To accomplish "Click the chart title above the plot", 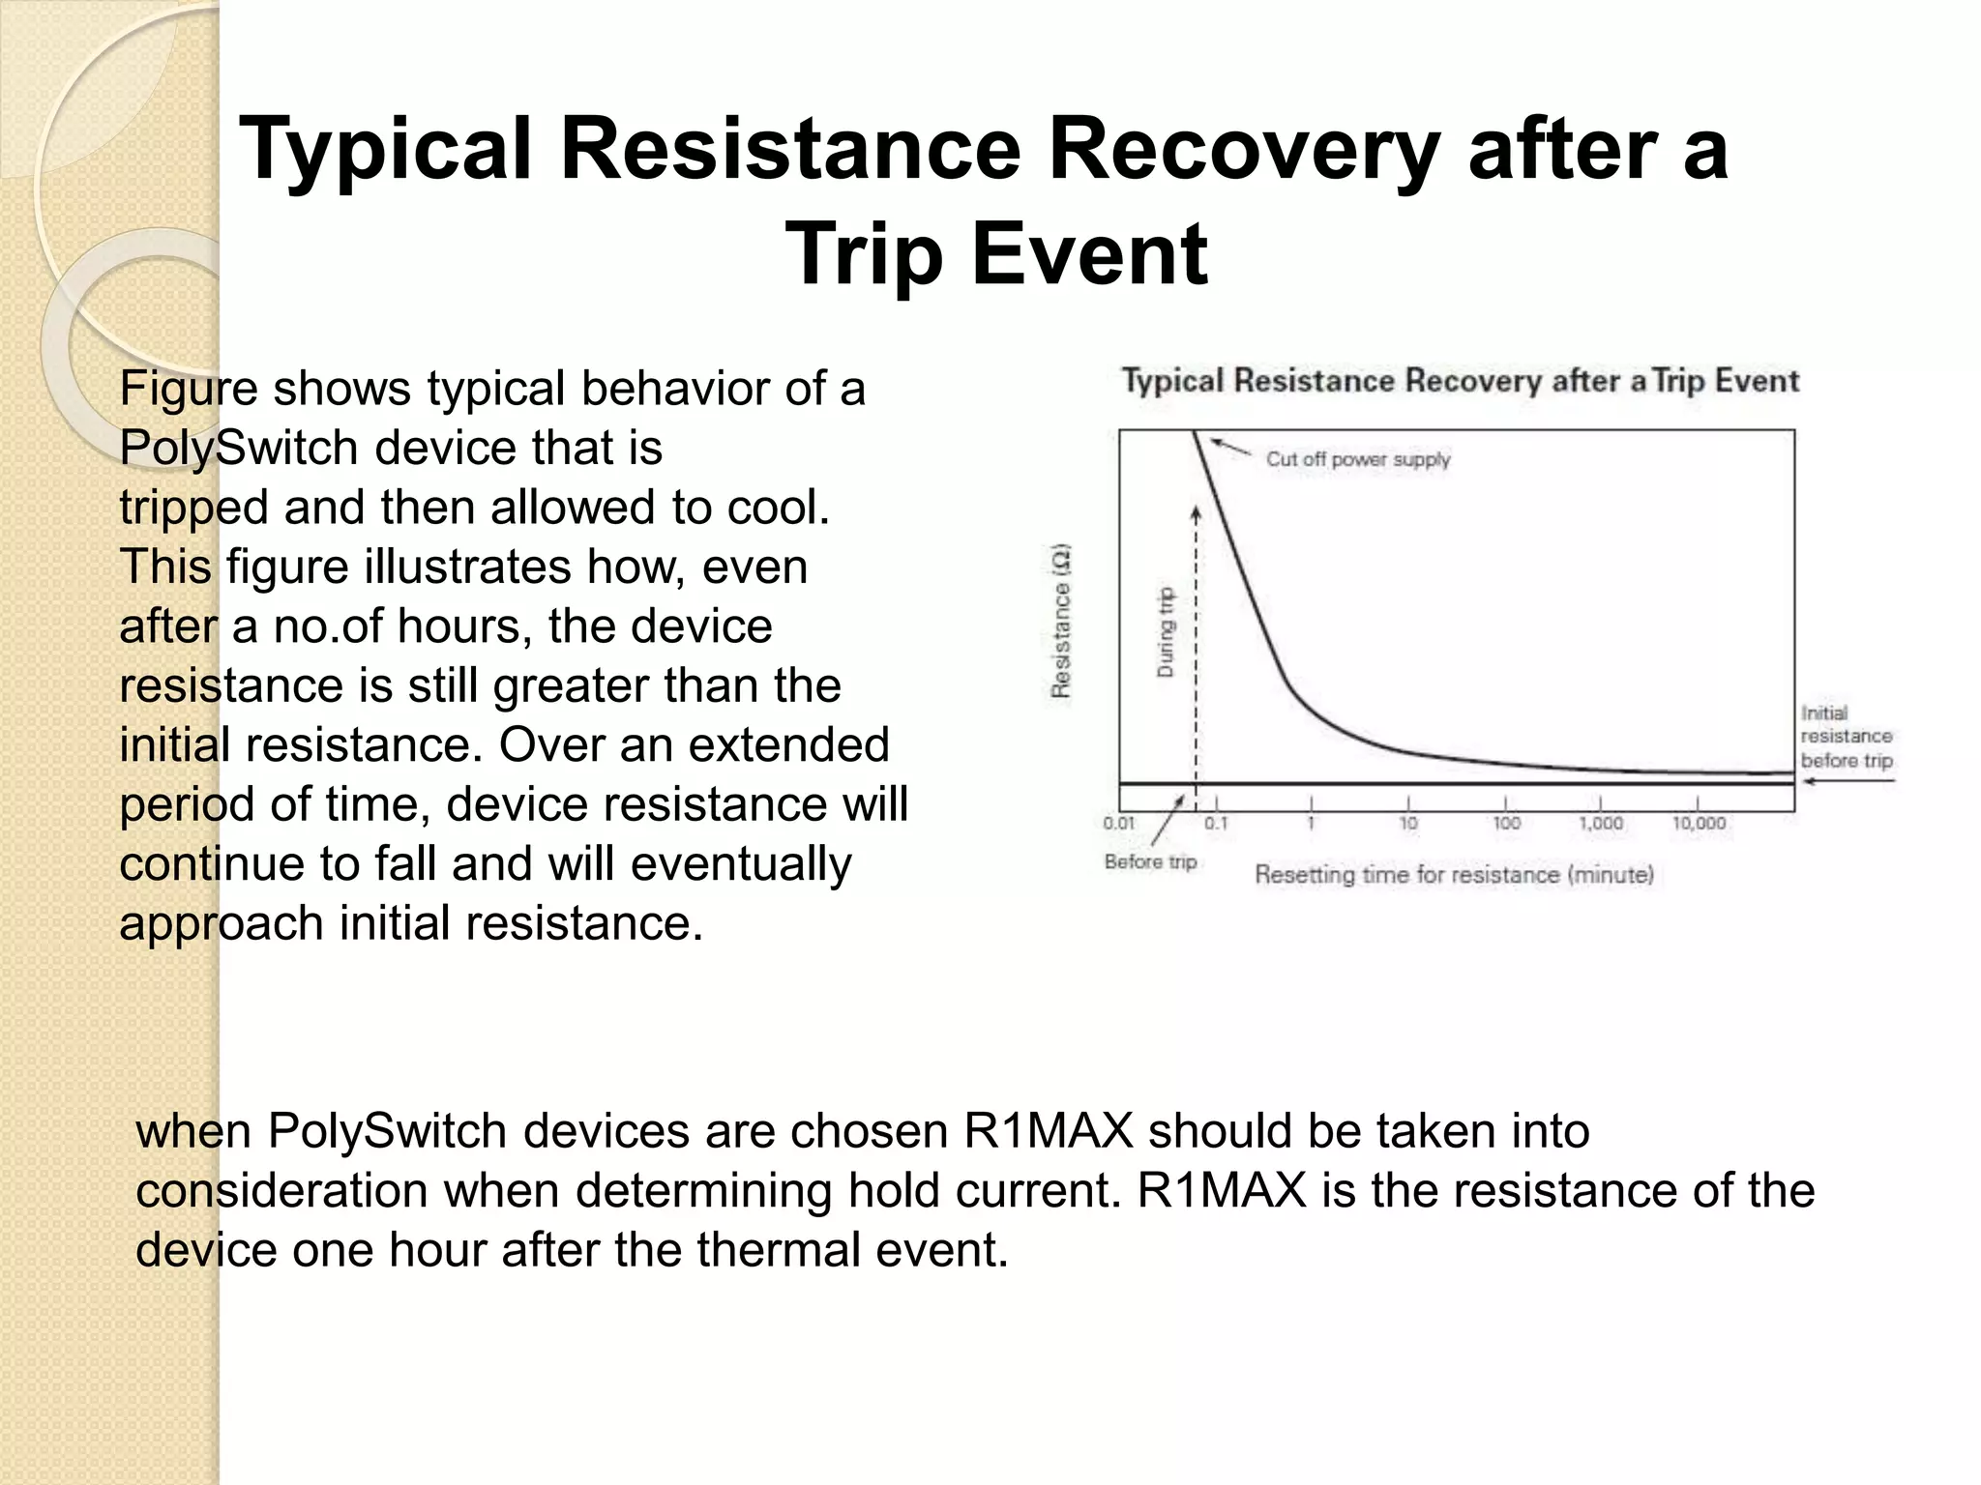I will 1460,381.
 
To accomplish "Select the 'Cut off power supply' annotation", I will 1357,459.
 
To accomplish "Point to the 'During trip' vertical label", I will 1166,631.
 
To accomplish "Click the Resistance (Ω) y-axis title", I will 1061,620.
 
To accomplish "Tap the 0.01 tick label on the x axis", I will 1118,824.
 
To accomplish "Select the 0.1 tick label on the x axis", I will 1216,824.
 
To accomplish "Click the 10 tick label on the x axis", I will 1408,824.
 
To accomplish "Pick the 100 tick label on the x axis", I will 1506,824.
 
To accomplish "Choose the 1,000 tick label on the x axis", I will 1601,824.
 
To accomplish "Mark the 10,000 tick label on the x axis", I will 1699,824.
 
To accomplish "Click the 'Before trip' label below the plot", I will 1150,861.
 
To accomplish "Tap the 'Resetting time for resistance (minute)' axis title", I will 1454,875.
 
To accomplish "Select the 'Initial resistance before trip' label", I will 1846,737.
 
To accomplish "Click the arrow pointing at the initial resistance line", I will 1848,781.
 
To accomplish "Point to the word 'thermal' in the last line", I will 779,1250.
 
